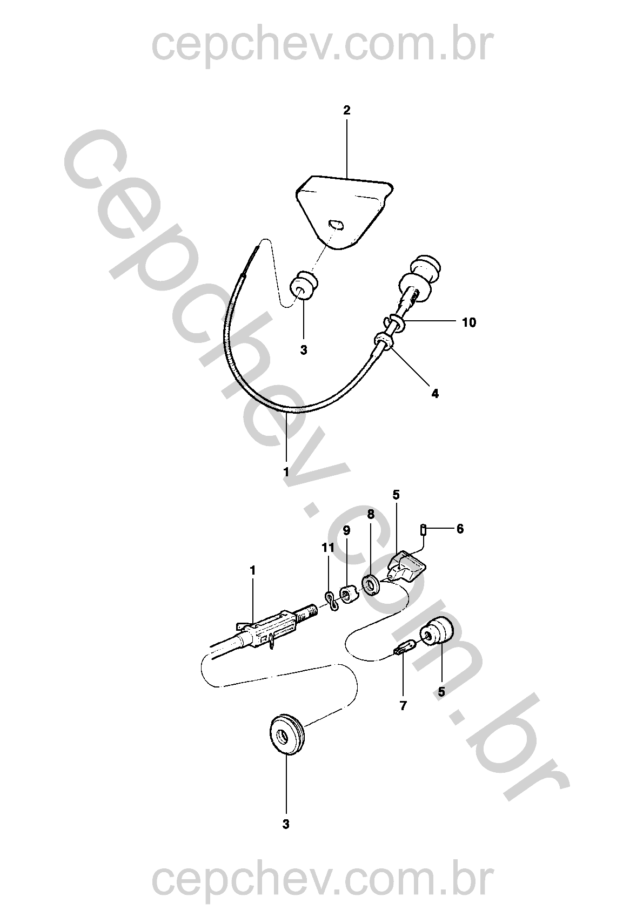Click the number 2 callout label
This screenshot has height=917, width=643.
346,110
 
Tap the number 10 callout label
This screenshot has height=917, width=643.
469,322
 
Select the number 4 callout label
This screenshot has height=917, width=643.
434,393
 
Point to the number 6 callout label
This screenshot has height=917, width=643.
460,529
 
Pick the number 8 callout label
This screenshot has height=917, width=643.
371,514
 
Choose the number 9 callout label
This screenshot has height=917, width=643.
346,530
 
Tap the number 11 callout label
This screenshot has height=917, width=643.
328,547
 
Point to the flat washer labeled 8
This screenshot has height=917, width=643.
371,582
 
